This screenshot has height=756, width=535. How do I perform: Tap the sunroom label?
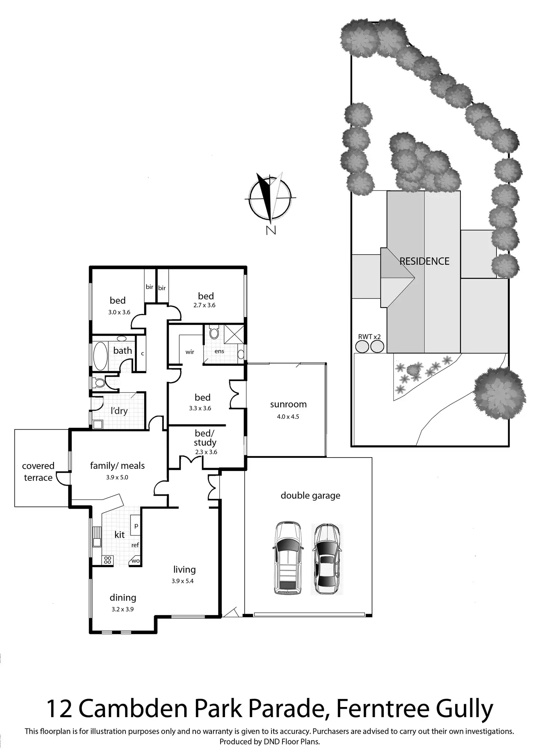click(x=288, y=404)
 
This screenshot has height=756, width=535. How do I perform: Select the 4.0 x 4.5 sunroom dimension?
click(x=288, y=416)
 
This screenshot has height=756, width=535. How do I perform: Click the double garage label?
click(x=310, y=495)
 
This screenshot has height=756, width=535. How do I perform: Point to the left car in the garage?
click(x=287, y=558)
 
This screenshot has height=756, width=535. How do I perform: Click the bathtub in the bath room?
click(x=100, y=356)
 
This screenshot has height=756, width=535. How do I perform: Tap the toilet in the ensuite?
click(x=214, y=333)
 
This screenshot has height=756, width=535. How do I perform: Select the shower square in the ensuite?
click(x=234, y=334)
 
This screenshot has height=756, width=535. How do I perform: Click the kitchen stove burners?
click(x=108, y=560)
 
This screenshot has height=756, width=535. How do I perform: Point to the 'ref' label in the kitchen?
click(x=135, y=545)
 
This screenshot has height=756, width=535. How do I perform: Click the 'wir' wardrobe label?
click(x=190, y=352)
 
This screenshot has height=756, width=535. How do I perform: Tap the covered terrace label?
click(x=38, y=472)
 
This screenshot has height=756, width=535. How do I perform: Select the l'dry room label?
click(x=119, y=411)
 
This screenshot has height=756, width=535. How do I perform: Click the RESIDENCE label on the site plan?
click(x=425, y=261)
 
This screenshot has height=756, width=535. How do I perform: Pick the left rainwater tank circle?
click(x=362, y=346)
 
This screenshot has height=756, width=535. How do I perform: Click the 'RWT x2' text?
click(x=369, y=337)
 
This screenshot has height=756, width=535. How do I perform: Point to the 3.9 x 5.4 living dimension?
click(x=182, y=581)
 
